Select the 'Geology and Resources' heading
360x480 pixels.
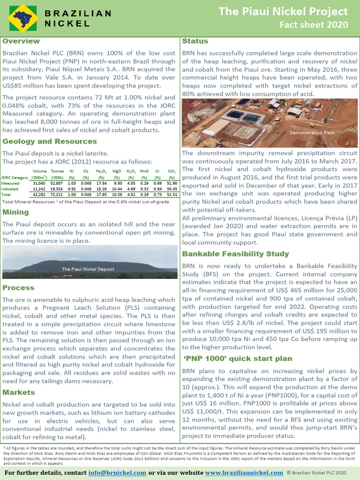tap(50, 142)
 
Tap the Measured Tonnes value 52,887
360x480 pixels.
tap(57, 183)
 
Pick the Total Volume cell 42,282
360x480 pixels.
tap(39, 194)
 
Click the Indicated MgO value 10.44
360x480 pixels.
tap(118, 188)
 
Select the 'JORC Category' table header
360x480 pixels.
tap(15, 178)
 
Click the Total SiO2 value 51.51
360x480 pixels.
tap(172, 194)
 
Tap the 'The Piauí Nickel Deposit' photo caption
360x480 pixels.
tap(88, 269)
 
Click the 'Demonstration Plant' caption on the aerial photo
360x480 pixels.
tap(312, 133)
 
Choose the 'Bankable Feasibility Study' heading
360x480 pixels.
tap(235, 254)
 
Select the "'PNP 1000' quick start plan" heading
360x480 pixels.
tap(238, 359)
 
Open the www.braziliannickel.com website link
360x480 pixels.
tap(244, 472)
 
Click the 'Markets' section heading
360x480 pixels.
tap(19, 392)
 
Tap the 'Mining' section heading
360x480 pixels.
tap(15, 212)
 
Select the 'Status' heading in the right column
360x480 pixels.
tap(195, 41)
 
